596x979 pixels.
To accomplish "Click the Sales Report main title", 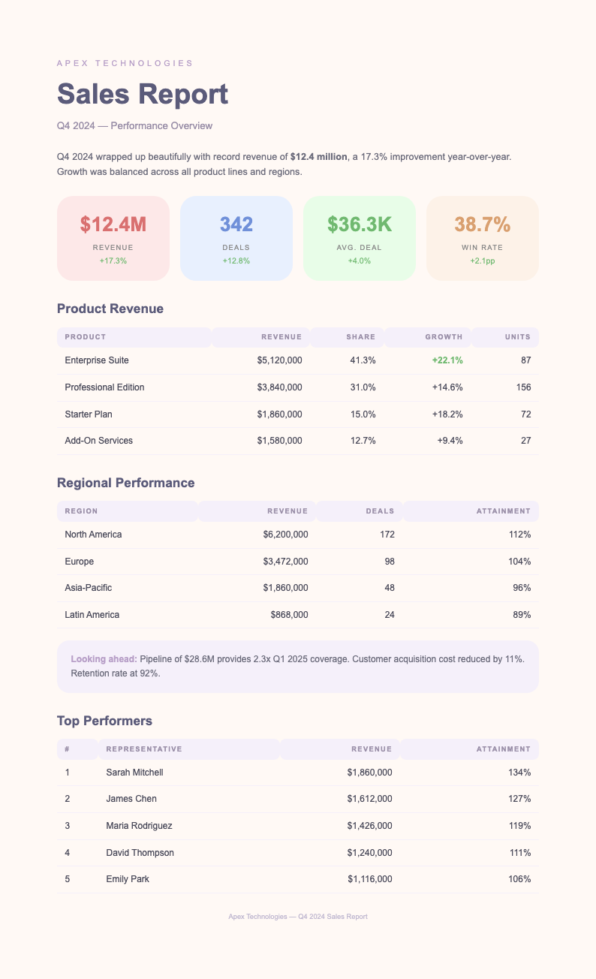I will (143, 95).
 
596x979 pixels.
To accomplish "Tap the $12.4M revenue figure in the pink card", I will (113, 224).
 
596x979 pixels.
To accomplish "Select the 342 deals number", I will (236, 224).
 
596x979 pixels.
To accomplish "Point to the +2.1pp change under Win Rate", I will (483, 261).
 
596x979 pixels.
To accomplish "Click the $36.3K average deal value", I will (360, 224).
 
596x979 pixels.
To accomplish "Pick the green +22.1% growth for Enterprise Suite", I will (447, 360).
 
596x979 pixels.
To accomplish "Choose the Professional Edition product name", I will (104, 387).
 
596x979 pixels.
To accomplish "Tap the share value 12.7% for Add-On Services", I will (363, 441).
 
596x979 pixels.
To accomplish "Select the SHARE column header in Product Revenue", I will (361, 337).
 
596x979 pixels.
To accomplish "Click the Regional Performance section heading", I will (125, 483).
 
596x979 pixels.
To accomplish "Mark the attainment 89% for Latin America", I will (522, 615).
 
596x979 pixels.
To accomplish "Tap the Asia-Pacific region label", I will (89, 588).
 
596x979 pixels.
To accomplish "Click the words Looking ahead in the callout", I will (104, 658).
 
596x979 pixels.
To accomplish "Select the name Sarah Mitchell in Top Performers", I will (134, 772).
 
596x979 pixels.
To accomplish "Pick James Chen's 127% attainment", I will (519, 799).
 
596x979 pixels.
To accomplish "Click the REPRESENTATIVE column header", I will (144, 749).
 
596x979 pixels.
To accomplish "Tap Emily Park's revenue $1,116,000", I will (369, 879).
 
